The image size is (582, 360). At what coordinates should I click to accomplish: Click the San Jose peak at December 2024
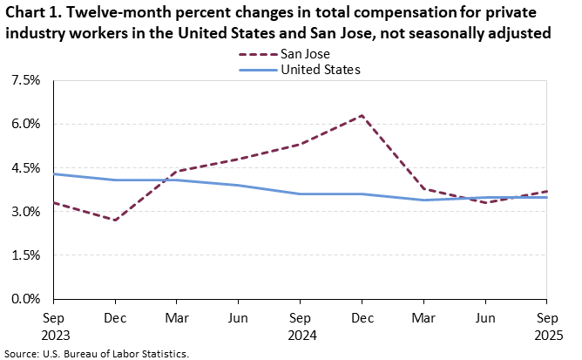(362, 115)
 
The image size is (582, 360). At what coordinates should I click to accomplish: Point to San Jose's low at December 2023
(115, 220)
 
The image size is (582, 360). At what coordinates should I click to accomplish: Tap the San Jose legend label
(306, 52)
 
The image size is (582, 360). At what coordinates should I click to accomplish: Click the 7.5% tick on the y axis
(26, 80)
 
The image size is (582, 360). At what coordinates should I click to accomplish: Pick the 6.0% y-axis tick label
(26, 124)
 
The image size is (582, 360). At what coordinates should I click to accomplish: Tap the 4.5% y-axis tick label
(26, 167)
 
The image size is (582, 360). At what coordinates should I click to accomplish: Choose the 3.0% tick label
(26, 212)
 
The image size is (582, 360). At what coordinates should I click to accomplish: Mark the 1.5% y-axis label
(26, 255)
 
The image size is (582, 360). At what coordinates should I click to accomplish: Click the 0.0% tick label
(26, 299)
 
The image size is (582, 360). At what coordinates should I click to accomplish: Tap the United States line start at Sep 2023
(54, 173)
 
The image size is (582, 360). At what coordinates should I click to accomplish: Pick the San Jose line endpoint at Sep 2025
(546, 191)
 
